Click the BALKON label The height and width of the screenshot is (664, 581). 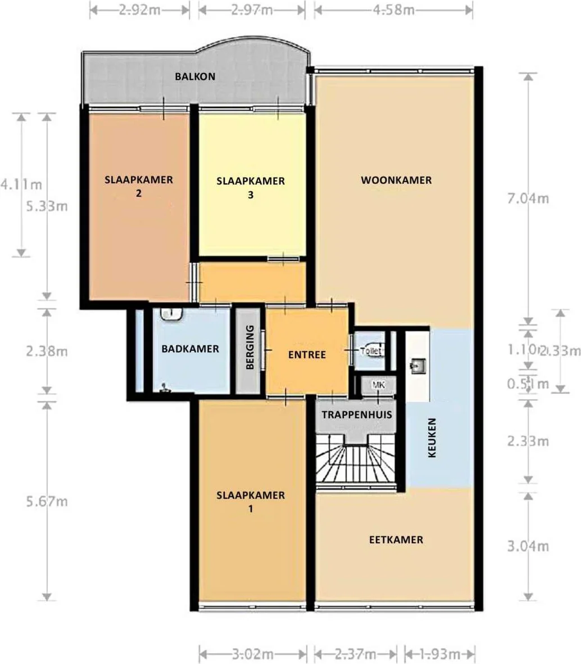coord(194,76)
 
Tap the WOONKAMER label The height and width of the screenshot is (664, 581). coord(396,180)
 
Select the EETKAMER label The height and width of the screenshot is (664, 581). coord(396,540)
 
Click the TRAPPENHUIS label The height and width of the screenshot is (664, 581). coord(356,415)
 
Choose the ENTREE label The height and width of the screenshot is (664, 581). coord(307,355)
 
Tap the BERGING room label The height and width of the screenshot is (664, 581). coord(250,351)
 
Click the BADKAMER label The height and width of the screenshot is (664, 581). coord(190,349)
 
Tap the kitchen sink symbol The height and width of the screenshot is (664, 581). coord(417,367)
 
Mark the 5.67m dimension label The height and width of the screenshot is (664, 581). coord(47,501)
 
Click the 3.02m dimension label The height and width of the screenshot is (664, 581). coord(253,654)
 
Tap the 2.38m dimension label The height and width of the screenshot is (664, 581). coord(47,352)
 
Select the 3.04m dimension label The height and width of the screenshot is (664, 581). coord(528,546)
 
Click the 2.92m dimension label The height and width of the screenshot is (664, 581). coord(139,10)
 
